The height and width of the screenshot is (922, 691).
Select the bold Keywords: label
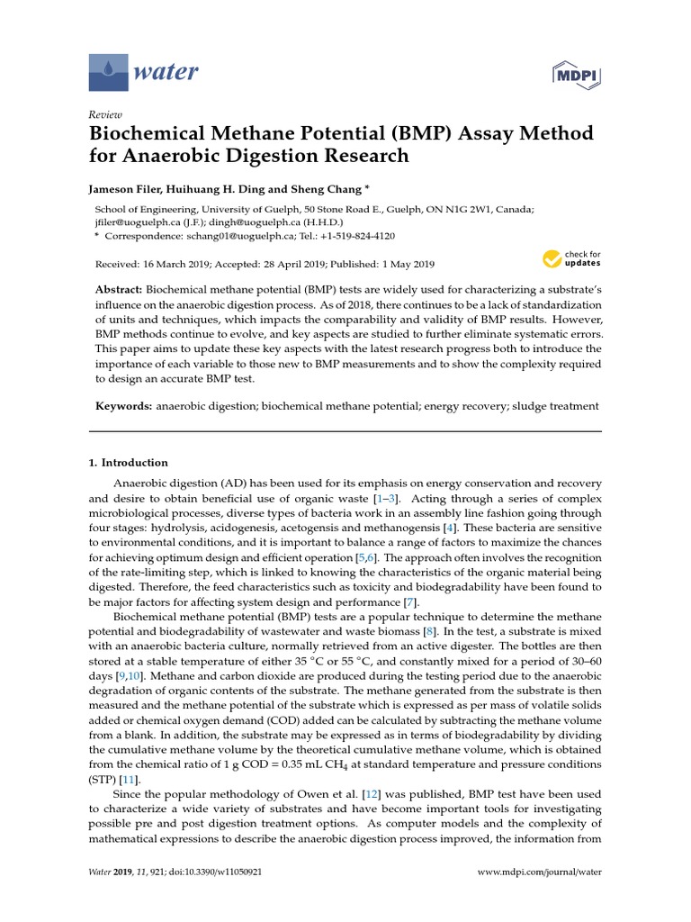point(124,406)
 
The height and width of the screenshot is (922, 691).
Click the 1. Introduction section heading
point(128,463)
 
